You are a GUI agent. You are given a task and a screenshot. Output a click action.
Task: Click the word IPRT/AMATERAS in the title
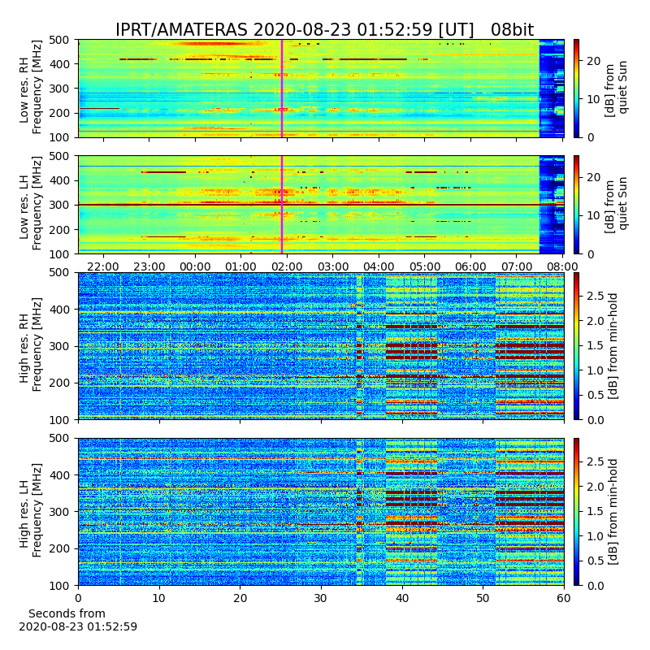(181, 30)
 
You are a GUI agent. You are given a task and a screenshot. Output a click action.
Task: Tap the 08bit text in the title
(513, 30)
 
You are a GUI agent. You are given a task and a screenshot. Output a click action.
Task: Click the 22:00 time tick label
(103, 266)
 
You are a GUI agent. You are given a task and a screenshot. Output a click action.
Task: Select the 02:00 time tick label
(287, 266)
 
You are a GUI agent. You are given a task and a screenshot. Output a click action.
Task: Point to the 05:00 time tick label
(424, 266)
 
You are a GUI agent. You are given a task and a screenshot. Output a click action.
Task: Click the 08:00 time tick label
(562, 266)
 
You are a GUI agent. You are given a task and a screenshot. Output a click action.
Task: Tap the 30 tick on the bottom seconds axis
(321, 598)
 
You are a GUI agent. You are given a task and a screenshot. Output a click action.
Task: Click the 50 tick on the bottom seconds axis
(483, 598)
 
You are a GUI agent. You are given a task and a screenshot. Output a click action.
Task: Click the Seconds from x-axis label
(67, 613)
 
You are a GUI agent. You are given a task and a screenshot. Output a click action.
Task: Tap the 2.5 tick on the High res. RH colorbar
(595, 296)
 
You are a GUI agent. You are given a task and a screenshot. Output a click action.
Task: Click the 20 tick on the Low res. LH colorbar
(594, 177)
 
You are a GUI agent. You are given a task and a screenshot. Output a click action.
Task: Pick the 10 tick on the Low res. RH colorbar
(594, 99)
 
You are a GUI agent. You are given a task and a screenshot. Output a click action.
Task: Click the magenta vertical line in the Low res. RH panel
(282, 89)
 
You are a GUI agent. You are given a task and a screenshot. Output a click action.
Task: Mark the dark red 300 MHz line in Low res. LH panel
(309, 205)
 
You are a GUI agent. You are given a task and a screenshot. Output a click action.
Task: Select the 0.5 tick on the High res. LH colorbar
(595, 561)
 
